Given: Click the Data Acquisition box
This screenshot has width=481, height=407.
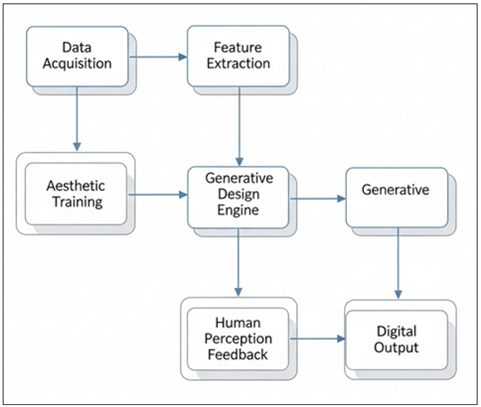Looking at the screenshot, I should (x=78, y=57).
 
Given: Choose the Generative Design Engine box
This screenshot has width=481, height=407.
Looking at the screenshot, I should (x=239, y=196).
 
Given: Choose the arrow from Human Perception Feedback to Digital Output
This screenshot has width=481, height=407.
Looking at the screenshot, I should (x=319, y=339).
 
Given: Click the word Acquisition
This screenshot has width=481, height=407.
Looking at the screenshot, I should (x=78, y=66).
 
